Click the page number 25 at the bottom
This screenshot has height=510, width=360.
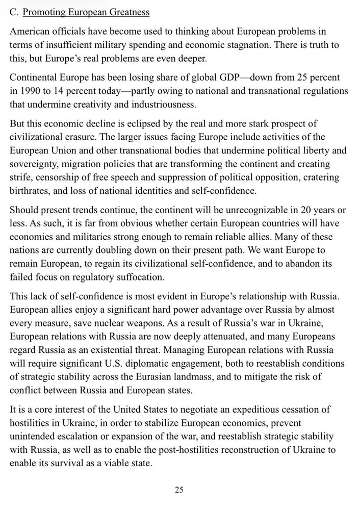(179, 490)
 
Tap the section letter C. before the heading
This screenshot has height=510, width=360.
(14, 12)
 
